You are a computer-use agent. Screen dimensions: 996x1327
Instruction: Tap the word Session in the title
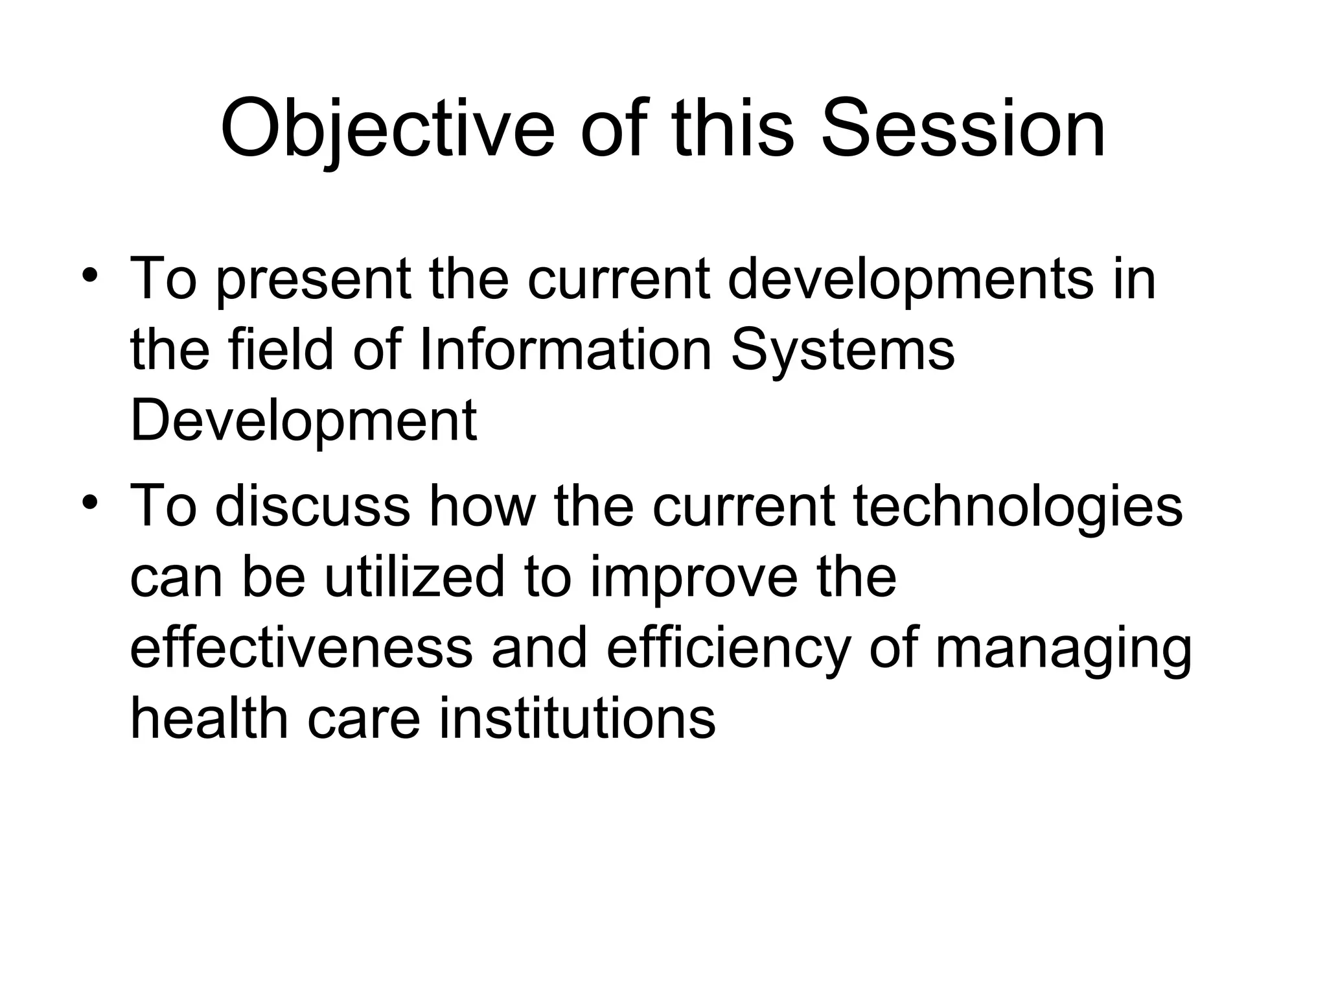(x=964, y=129)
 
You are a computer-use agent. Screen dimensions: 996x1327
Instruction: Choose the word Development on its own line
(x=303, y=421)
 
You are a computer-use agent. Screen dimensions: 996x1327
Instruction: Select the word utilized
(x=415, y=577)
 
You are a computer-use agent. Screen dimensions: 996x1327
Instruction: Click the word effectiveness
(x=302, y=648)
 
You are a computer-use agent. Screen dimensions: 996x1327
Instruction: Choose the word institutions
(x=577, y=718)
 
